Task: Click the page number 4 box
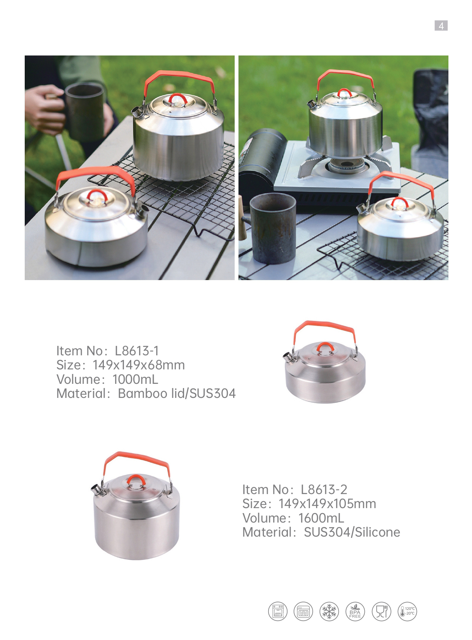pos(441,26)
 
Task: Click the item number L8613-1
pos(137,351)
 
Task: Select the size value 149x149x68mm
pos(139,365)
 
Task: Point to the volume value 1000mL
pos(135,379)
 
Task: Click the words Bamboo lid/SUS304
pos(177,393)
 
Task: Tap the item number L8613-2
pos(324,490)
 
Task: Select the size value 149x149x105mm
pos(327,504)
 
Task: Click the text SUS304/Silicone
pos(352,532)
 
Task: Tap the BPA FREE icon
pos(355,611)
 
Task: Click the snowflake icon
pos(329,611)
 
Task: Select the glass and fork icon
pos(381,611)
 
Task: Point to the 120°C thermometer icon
pos(407,611)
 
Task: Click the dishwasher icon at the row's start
pos(278,611)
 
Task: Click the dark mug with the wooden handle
pos(272,228)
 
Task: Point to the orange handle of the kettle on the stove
pos(345,76)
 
